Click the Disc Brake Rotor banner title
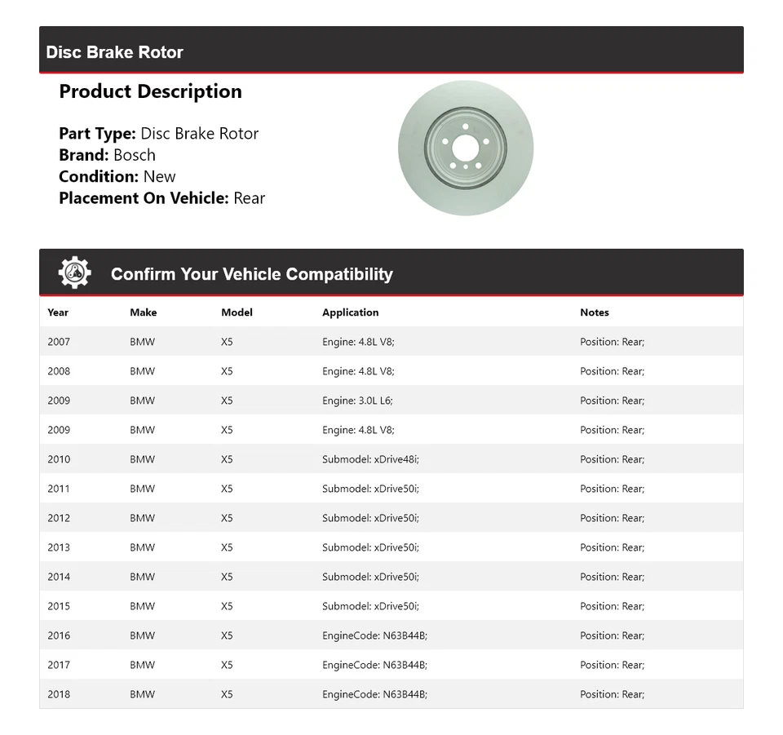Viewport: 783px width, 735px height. [x=114, y=52]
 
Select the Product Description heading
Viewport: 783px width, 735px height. [x=150, y=91]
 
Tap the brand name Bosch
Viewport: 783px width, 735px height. [x=134, y=155]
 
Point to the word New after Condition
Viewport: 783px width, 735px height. [x=159, y=176]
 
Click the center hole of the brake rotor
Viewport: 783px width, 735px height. [x=465, y=148]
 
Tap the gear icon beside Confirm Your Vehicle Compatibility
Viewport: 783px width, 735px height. [x=74, y=273]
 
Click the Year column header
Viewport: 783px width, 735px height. [x=58, y=312]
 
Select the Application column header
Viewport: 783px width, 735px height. [x=350, y=312]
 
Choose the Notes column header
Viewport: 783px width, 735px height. [x=594, y=312]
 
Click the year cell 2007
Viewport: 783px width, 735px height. [x=59, y=342]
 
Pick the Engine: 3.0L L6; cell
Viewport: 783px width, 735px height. [x=357, y=401]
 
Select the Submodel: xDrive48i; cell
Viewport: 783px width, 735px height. [x=370, y=459]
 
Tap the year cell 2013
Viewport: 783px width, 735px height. [x=59, y=547]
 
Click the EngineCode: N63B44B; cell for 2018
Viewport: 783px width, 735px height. [x=374, y=694]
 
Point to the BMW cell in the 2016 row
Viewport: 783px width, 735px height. [x=142, y=635]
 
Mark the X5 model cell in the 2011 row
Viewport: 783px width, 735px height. [x=227, y=489]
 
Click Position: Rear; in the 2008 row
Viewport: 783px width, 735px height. [x=612, y=371]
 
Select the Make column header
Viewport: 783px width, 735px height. [x=143, y=312]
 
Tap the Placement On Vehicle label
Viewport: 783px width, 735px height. [x=144, y=197]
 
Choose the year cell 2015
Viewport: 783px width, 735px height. [x=59, y=606]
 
